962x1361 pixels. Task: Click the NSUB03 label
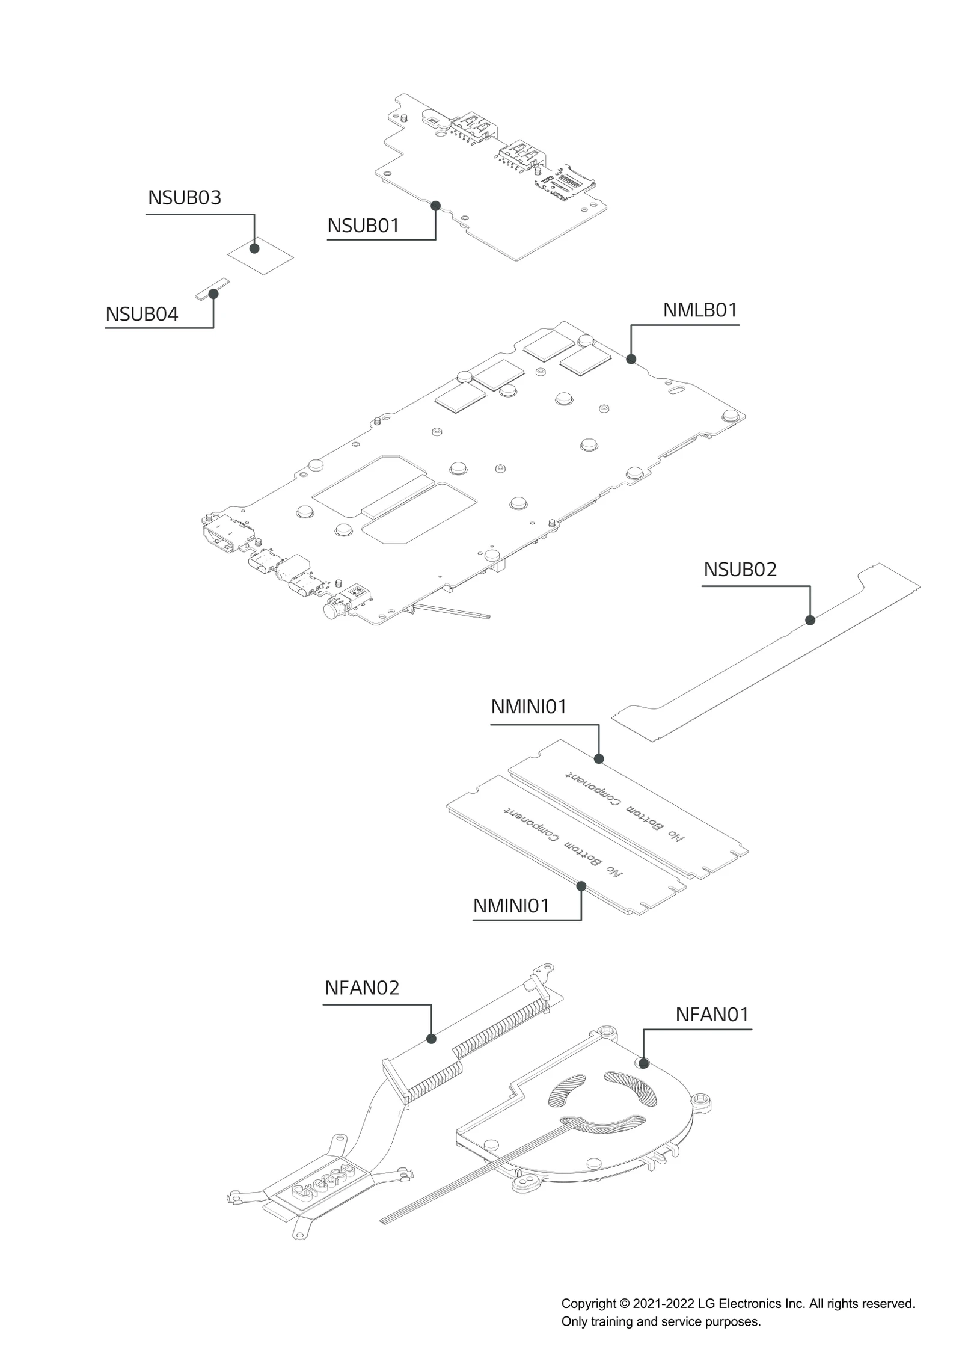(184, 198)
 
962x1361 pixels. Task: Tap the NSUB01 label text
(363, 226)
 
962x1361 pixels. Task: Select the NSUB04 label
(142, 314)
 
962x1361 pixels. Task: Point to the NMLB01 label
(700, 310)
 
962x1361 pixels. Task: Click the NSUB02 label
(740, 570)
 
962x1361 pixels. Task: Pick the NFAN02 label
(362, 988)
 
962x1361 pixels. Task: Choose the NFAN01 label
(712, 1015)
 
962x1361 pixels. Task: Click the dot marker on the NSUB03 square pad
(254, 248)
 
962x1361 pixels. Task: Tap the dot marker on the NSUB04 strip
(213, 293)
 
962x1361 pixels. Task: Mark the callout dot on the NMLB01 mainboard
(631, 359)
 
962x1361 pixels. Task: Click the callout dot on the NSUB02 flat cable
(810, 620)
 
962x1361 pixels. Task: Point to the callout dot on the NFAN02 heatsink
(431, 1039)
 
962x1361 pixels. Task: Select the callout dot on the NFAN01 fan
(644, 1063)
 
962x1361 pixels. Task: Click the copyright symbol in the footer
(624, 1304)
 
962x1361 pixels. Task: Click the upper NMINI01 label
(528, 707)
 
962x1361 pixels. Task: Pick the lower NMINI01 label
(511, 906)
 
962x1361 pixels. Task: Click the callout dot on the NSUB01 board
(435, 206)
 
